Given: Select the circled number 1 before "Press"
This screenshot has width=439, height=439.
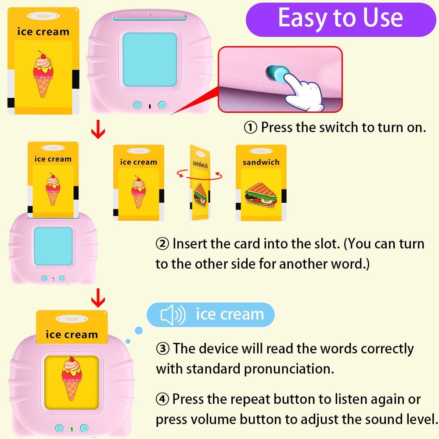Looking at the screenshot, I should pos(250,128).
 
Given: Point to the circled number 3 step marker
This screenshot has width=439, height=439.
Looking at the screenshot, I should pos(162,349).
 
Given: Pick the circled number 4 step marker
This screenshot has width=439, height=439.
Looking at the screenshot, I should pos(162,399).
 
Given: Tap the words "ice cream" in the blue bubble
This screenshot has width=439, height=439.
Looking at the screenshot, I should pos(230,314).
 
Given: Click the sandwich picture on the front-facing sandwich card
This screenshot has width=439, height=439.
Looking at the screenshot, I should pos(261,193).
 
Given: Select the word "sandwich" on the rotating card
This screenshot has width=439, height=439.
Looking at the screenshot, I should pos(200,164).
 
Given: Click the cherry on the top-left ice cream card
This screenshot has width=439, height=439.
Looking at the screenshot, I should pos(42,54).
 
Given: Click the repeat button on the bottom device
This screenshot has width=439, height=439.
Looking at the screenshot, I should pos(59,428).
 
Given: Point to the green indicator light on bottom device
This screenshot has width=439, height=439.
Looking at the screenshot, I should pos(72,429).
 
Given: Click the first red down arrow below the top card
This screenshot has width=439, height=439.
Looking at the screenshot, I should pos(98,130).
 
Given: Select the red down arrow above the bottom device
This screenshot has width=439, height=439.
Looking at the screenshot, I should pos(98,300).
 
